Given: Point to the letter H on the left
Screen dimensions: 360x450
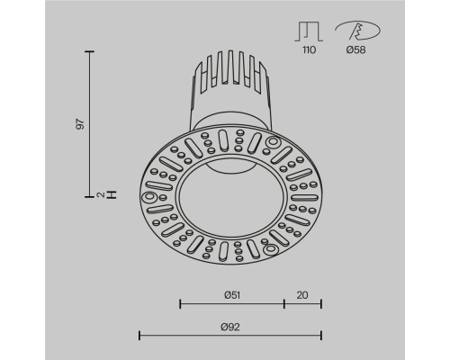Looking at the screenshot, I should click(112, 193).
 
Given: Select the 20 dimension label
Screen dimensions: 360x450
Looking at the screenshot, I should click(302, 293).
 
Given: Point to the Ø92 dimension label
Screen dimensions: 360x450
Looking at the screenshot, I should click(229, 327).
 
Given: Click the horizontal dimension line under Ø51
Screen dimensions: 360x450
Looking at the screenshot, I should click(232, 303).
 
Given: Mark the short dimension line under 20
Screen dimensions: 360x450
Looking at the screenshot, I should click(302, 303).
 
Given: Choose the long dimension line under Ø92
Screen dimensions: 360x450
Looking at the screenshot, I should click(229, 336).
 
